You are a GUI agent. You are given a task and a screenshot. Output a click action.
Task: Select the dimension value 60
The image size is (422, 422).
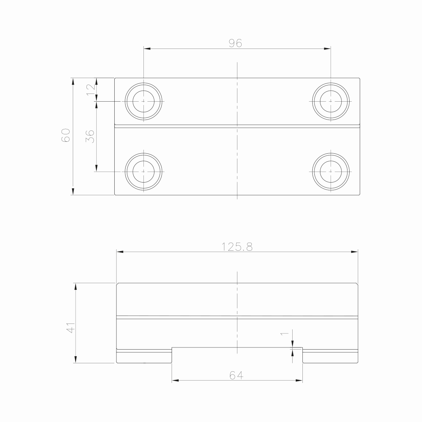click(x=66, y=135)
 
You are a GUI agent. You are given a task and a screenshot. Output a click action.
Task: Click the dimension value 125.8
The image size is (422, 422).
click(x=237, y=247)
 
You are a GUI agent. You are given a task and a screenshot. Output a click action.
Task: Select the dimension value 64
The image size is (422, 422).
click(x=237, y=376)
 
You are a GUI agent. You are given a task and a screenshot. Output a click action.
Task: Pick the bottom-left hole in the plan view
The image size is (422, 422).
click(x=143, y=171)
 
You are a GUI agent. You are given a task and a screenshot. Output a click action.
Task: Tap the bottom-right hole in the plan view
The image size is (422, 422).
click(x=331, y=171)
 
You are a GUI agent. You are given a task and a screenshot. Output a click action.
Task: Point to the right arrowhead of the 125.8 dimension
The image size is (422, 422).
click(x=354, y=252)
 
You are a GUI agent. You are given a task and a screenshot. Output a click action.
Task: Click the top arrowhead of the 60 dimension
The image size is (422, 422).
click(x=73, y=81)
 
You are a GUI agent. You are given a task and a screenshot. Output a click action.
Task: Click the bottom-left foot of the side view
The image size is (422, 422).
click(x=144, y=357)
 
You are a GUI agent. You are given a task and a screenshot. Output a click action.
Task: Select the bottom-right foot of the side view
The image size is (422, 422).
click(x=330, y=357)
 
